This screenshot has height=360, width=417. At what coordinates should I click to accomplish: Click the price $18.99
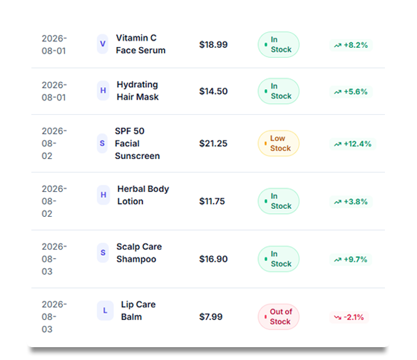[x=213, y=45]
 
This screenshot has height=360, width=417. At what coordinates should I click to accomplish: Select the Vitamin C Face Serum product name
[x=140, y=44]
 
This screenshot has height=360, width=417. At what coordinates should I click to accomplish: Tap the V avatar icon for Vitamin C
[x=103, y=44]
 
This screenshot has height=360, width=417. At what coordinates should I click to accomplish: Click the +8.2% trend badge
[x=351, y=45]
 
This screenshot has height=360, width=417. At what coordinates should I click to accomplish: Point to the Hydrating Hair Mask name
[x=138, y=91]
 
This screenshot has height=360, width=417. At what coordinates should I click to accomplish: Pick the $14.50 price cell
[x=213, y=91]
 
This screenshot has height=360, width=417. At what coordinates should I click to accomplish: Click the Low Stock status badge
[x=279, y=143]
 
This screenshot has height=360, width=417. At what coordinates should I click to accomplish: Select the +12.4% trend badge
[x=353, y=144]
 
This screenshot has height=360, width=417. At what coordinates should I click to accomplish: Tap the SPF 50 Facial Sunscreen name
[x=138, y=143]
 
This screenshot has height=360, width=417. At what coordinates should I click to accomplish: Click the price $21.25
[x=213, y=143]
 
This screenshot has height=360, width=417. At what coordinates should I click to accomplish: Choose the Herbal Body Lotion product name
[x=143, y=195]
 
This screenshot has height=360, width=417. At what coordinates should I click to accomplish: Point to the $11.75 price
[x=212, y=201]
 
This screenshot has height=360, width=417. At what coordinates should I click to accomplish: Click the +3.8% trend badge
[x=351, y=202]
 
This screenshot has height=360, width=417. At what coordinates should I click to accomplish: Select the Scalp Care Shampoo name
[x=139, y=253]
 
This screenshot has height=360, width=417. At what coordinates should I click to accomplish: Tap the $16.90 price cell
[x=213, y=259]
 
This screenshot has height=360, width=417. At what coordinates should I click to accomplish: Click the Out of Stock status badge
[x=279, y=317]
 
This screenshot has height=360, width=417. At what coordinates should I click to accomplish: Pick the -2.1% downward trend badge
[x=349, y=317]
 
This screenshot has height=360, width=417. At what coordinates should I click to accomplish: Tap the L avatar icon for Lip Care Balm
[x=105, y=311]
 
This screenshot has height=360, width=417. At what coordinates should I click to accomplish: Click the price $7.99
[x=211, y=317]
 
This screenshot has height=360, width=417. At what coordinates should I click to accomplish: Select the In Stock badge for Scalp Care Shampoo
[x=279, y=259]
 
